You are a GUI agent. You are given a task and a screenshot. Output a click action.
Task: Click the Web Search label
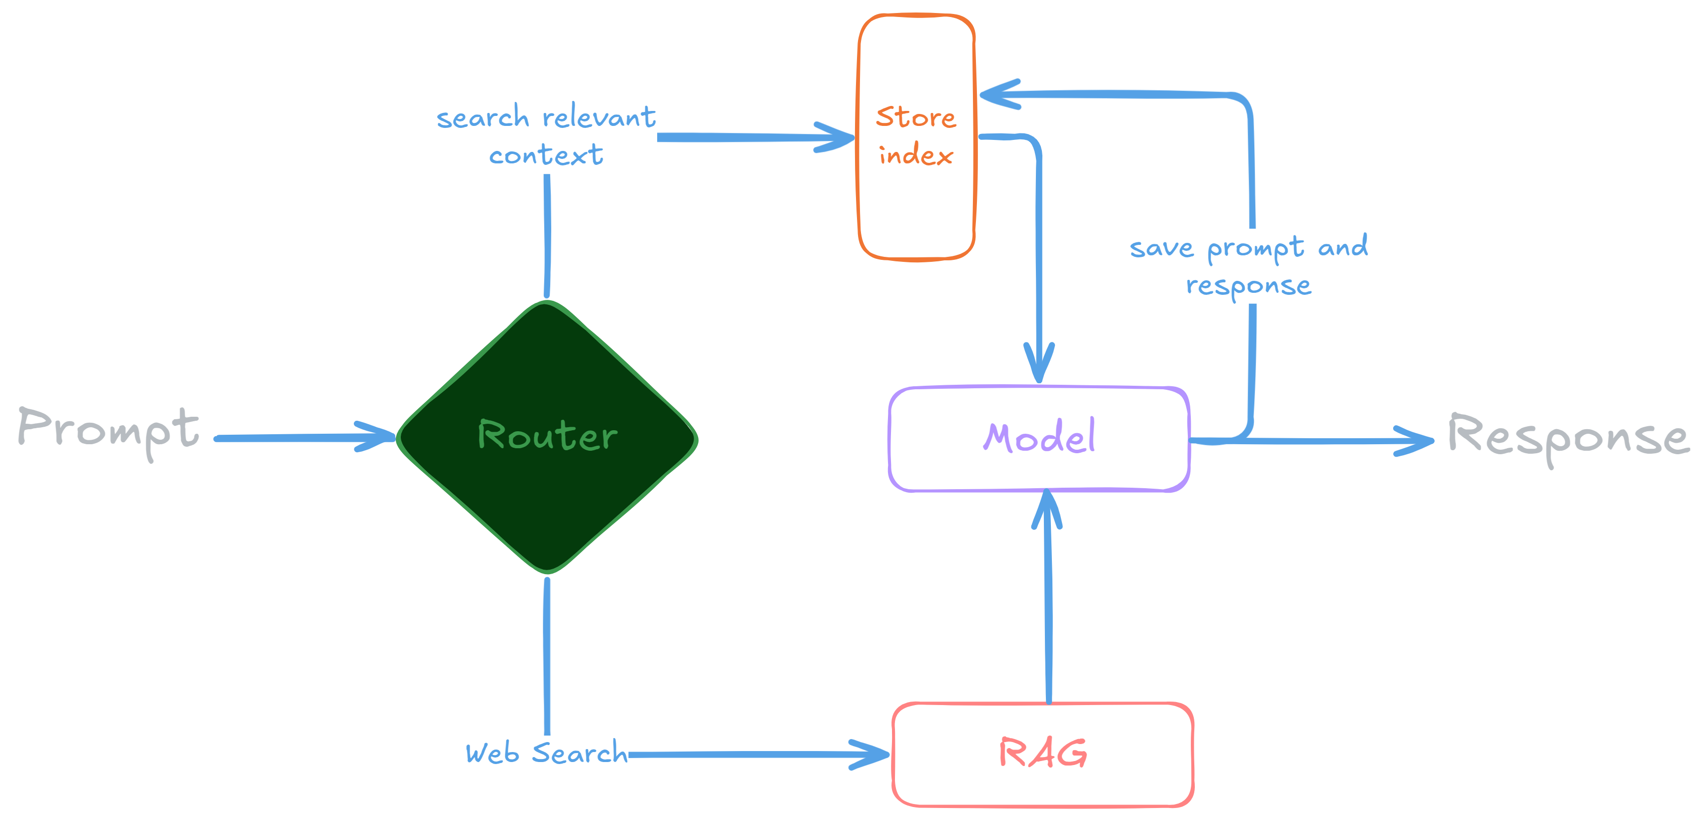click(546, 754)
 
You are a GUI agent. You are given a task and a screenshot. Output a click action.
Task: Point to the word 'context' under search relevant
click(546, 155)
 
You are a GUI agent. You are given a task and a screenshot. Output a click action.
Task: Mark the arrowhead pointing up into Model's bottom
click(1047, 507)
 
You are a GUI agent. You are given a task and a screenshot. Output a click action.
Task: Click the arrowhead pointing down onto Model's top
click(1039, 367)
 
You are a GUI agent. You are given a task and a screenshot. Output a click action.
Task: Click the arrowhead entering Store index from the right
click(993, 94)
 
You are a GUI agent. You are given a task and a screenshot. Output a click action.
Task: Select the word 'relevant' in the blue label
click(599, 118)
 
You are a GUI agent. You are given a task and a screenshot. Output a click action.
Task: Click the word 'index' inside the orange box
click(916, 155)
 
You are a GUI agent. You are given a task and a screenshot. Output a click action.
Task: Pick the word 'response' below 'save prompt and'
click(1248, 286)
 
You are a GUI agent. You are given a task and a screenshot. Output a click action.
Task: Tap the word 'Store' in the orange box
click(916, 118)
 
